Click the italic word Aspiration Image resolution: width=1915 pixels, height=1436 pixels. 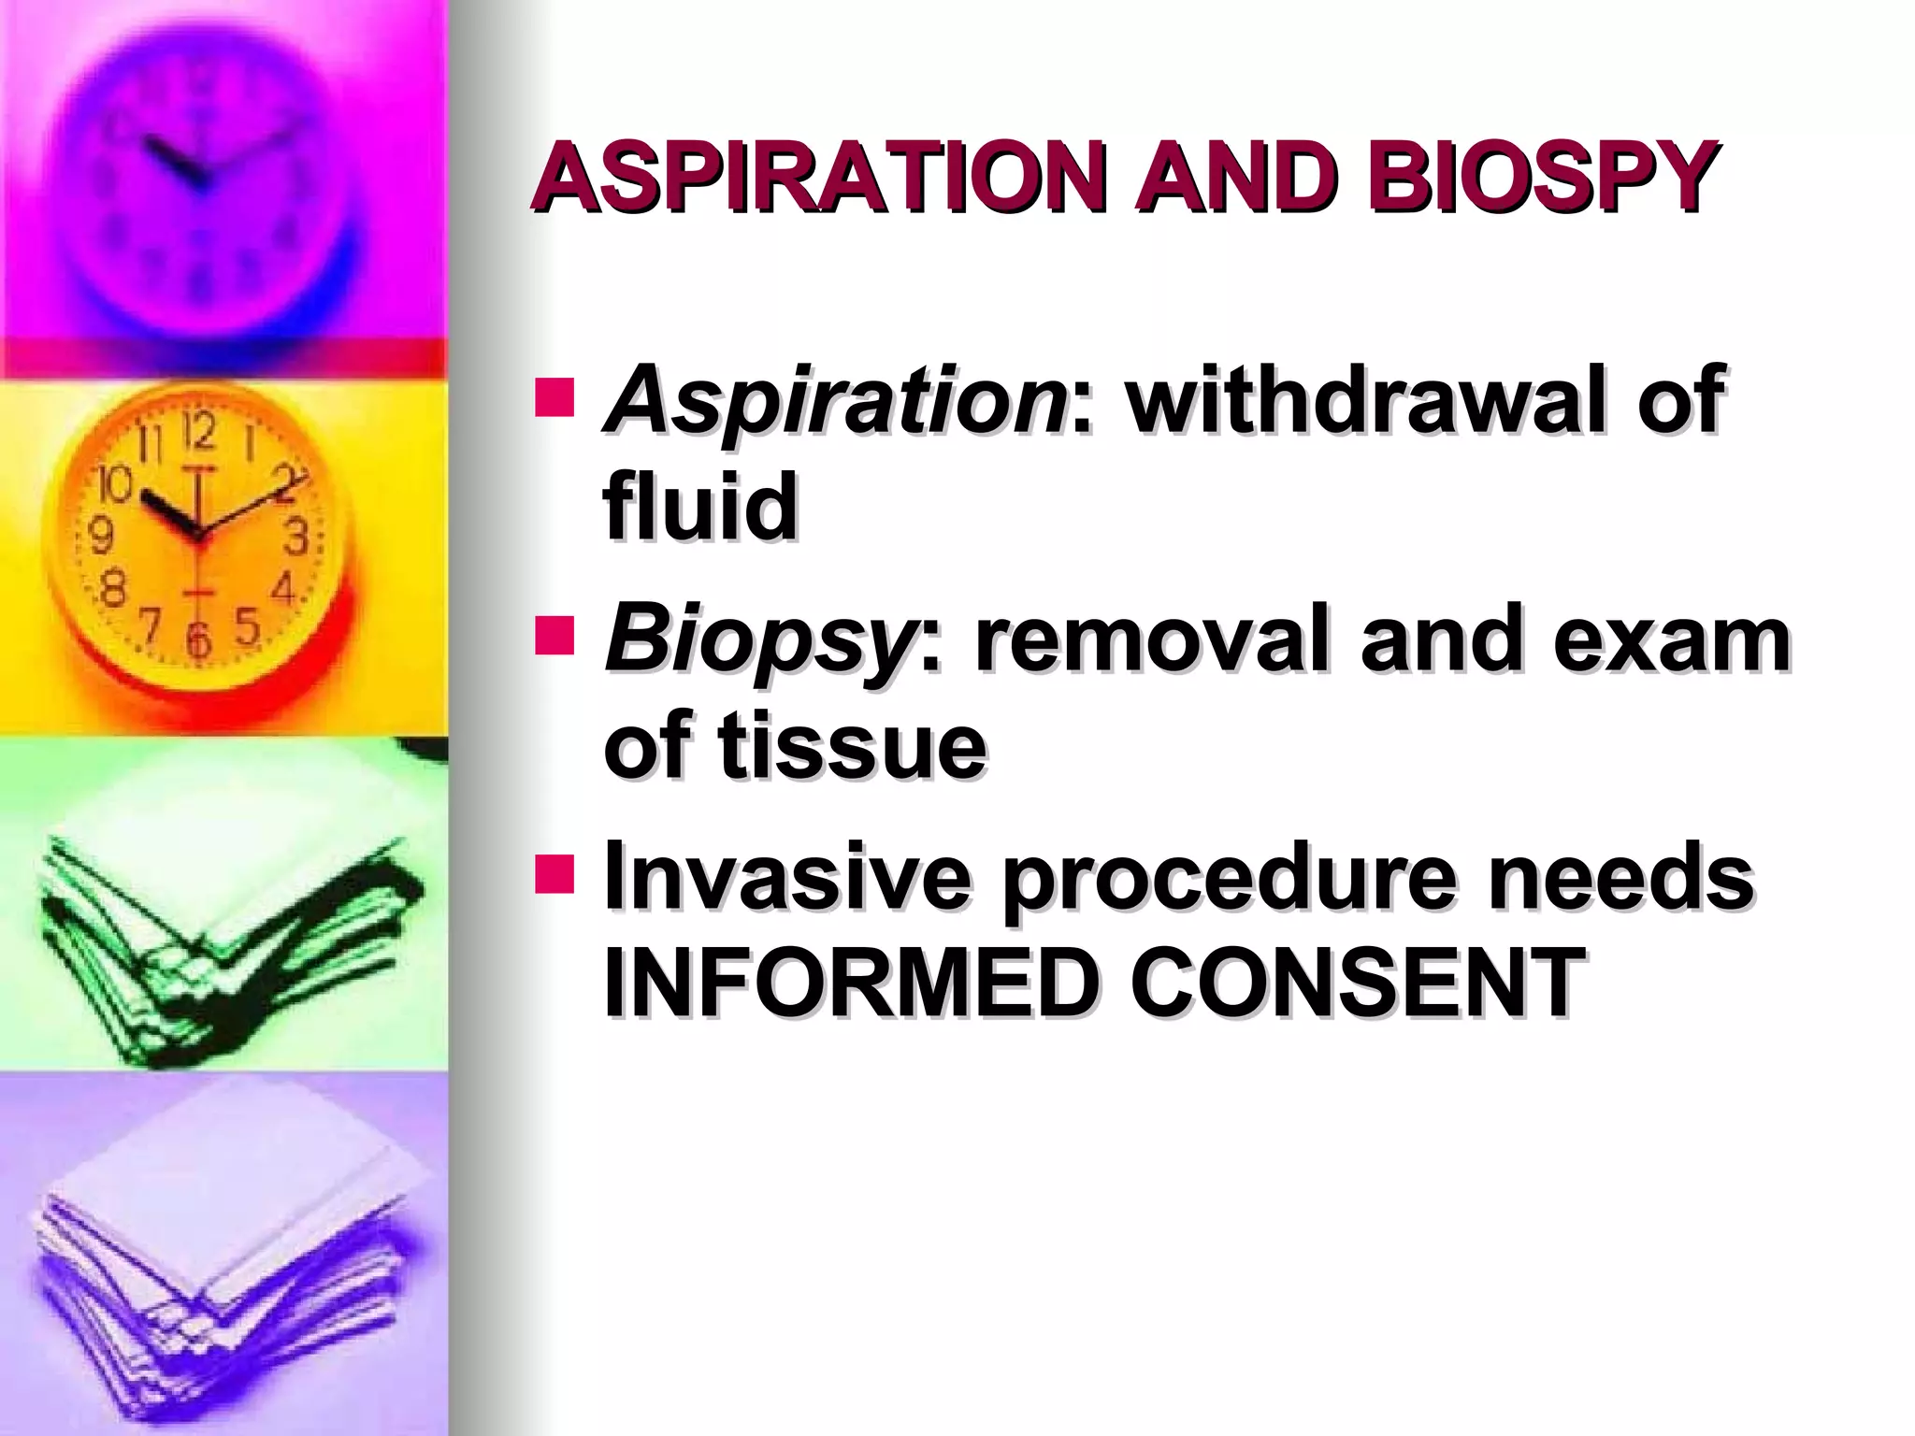point(835,403)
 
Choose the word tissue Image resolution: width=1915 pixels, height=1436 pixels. point(852,745)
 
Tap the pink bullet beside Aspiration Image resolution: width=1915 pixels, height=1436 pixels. point(554,396)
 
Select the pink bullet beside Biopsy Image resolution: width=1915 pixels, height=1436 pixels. point(554,635)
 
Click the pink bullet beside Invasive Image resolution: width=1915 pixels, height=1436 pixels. point(554,871)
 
